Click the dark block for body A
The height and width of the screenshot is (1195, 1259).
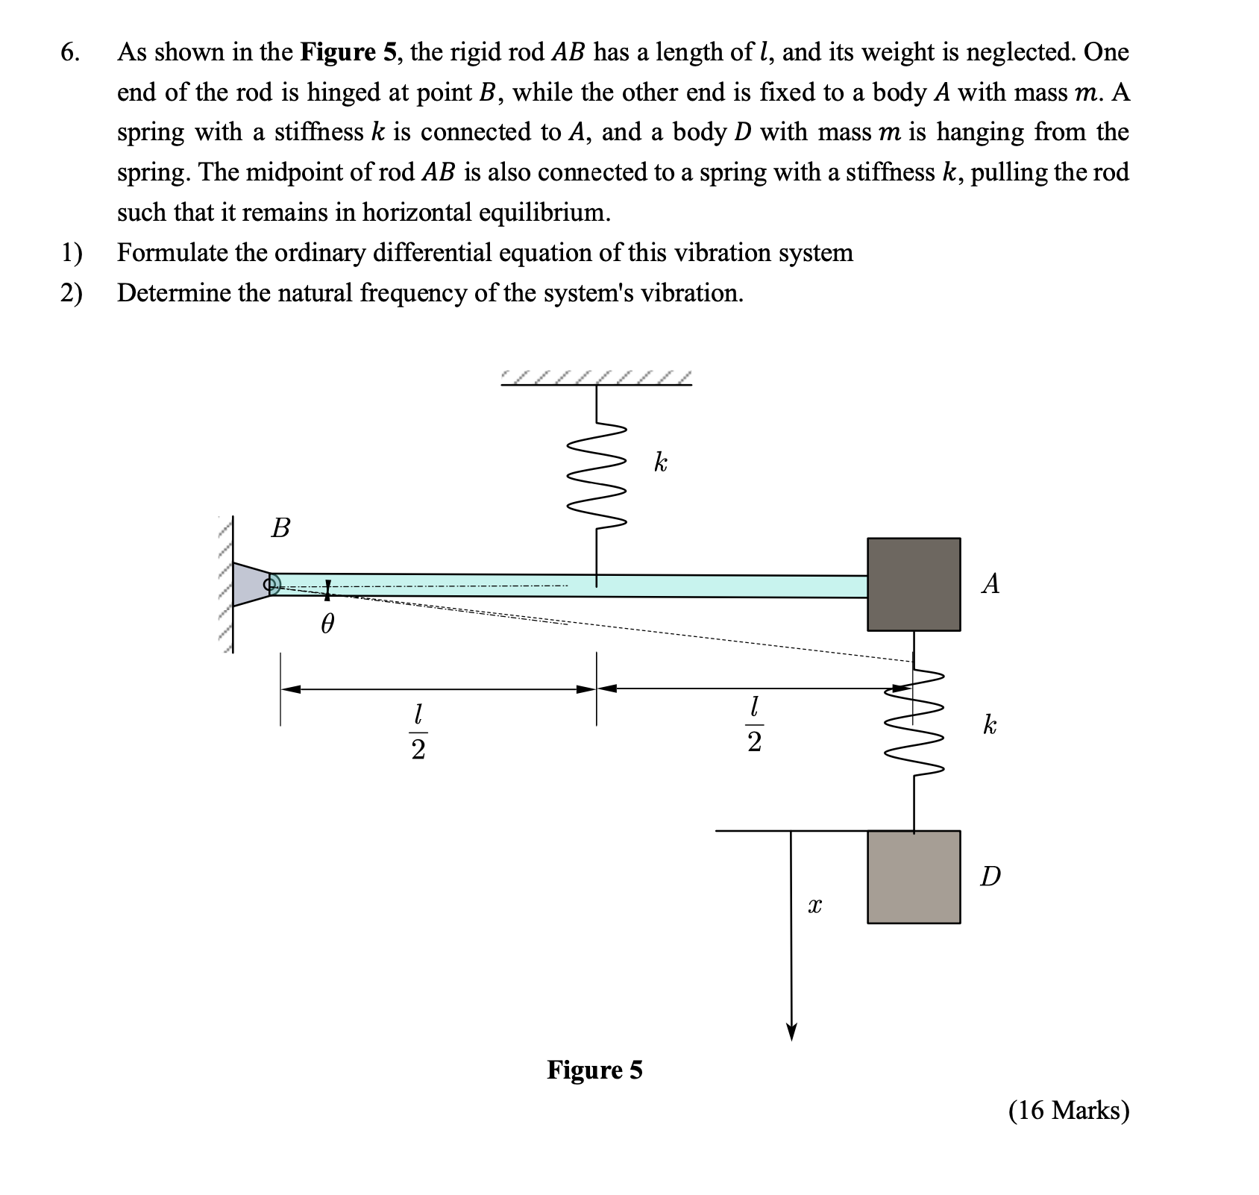[x=914, y=584]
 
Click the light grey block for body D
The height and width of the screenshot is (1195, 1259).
[x=914, y=877]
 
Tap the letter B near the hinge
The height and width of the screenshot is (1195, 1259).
[x=280, y=528]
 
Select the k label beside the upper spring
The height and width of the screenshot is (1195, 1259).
[x=660, y=462]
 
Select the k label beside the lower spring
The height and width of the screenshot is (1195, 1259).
[x=989, y=724]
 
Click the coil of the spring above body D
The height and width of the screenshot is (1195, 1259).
[x=914, y=724]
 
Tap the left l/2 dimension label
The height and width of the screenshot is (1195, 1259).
[x=418, y=732]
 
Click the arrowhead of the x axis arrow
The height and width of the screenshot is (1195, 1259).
[x=791, y=1032]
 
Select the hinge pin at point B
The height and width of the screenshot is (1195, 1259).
[x=271, y=584]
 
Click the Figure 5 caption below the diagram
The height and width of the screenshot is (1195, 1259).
[x=594, y=1070]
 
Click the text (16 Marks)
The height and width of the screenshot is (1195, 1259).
[x=1069, y=1111]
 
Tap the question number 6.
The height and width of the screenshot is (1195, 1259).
[x=69, y=52]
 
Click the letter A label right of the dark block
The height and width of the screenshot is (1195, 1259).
[x=990, y=583]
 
